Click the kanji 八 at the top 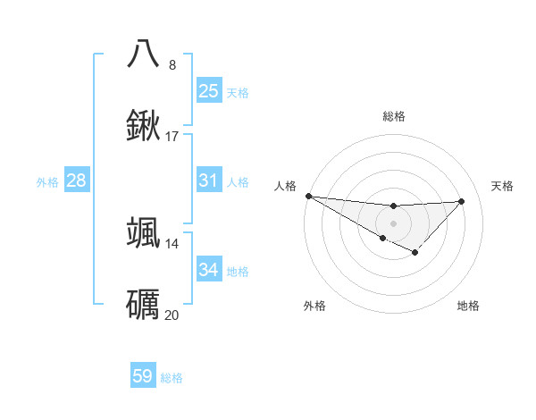click(x=144, y=54)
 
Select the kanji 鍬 click(x=144, y=125)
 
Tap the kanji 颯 click(x=144, y=232)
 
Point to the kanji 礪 click(x=144, y=304)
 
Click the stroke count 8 click(x=172, y=64)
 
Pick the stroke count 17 click(x=172, y=137)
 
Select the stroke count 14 click(x=172, y=243)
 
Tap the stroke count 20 click(x=172, y=315)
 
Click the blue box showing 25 click(x=209, y=91)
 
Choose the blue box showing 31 click(x=209, y=181)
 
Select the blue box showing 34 click(x=209, y=270)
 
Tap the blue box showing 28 click(x=77, y=181)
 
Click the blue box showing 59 click(x=143, y=376)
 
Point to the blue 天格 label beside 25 click(x=238, y=92)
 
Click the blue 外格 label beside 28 click(x=47, y=181)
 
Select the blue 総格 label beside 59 click(x=172, y=377)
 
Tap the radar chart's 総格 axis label click(x=393, y=116)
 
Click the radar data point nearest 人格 click(x=308, y=196)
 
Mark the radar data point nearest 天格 click(x=461, y=201)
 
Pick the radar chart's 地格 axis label click(x=468, y=306)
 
